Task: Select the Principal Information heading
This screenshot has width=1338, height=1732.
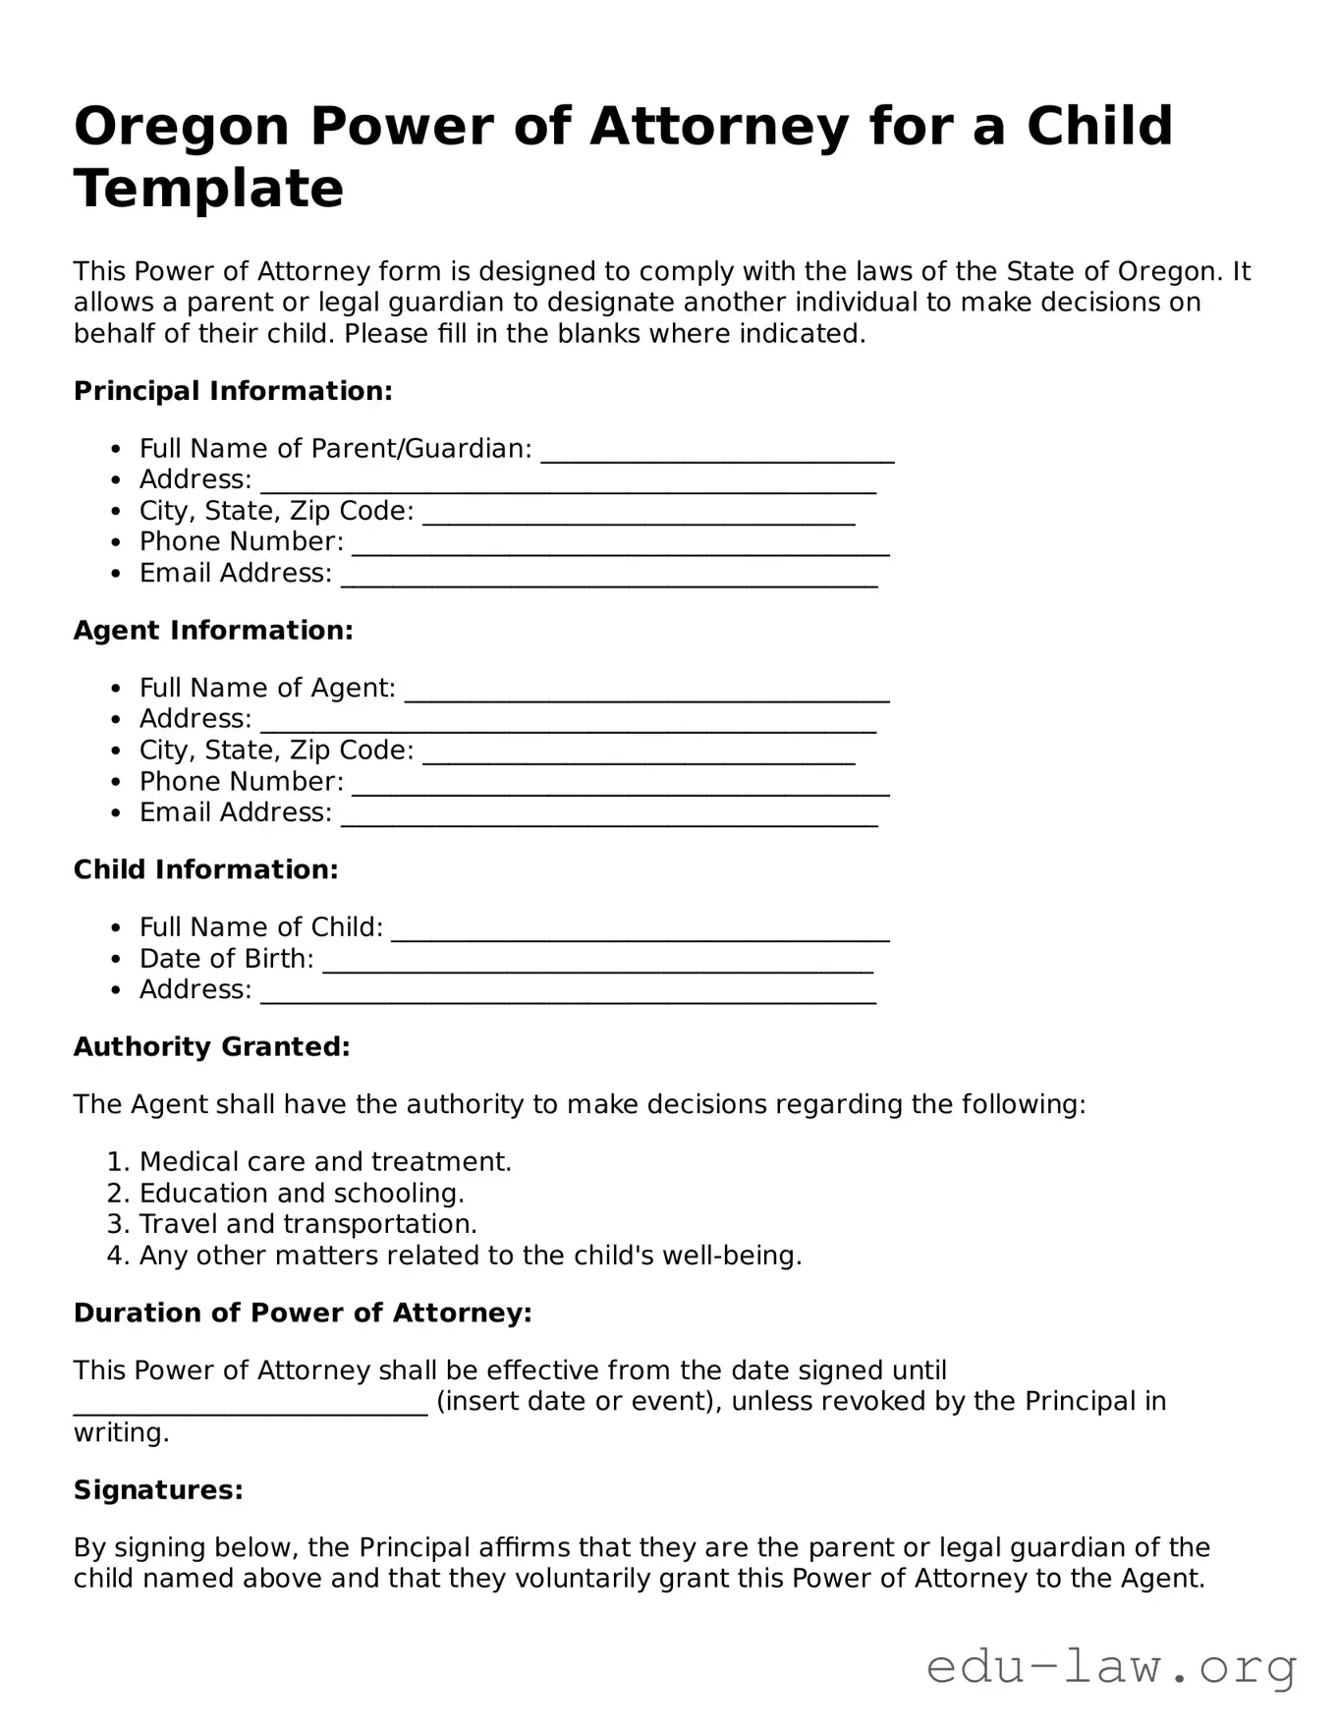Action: (233, 391)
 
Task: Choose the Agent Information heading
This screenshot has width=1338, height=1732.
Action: (213, 631)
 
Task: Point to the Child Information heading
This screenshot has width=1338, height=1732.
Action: (206, 870)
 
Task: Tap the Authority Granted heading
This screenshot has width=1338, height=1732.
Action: (212, 1047)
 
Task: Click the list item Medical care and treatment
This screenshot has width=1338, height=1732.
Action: (325, 1162)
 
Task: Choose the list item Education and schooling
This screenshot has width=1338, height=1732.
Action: (302, 1194)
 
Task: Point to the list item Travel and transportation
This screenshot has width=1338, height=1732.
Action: (307, 1224)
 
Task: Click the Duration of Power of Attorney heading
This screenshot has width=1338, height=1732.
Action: (303, 1313)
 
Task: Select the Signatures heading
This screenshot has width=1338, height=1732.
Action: (158, 1490)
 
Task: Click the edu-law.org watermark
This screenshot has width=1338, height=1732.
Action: (1111, 1668)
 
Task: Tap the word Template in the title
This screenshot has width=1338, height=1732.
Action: (209, 189)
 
